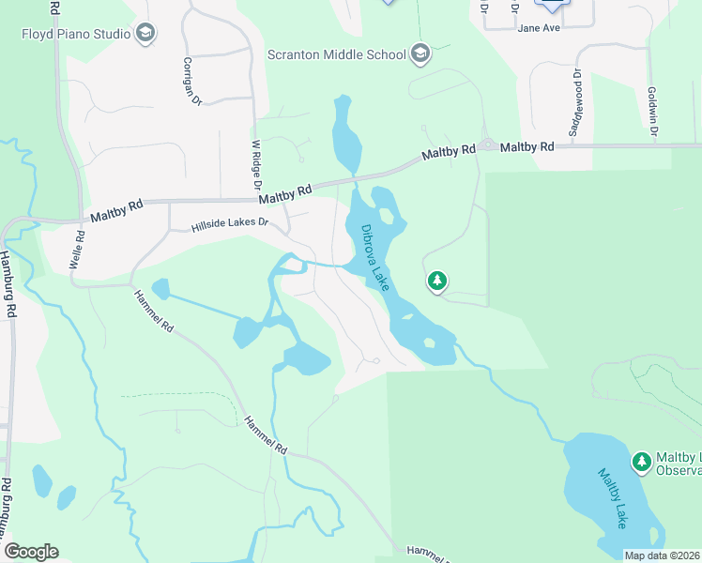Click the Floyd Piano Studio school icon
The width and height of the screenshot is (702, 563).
145,35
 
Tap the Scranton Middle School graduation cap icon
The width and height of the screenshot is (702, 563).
420,53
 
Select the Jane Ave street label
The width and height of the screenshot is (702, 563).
539,28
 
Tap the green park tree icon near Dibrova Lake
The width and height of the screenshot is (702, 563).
436,281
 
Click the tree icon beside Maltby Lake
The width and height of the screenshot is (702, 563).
642,461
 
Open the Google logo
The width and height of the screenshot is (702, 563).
31,552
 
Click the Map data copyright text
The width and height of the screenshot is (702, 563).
661,555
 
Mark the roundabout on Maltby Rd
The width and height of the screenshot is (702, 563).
487,146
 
